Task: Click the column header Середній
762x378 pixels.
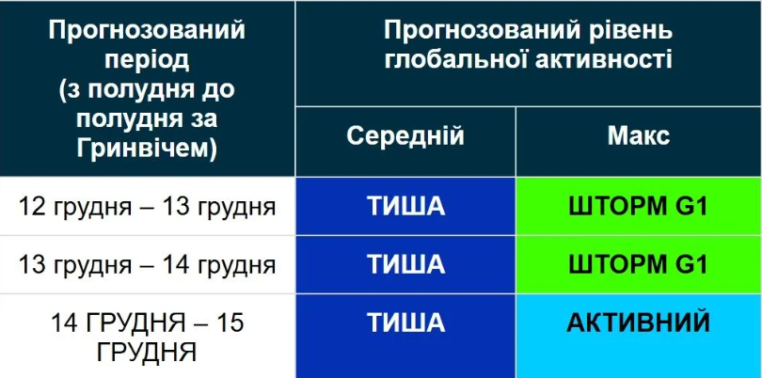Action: coord(405,136)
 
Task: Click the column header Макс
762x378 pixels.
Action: coord(638,136)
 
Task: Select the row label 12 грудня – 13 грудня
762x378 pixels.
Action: coord(147,207)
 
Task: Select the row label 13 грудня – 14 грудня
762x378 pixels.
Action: coord(147,265)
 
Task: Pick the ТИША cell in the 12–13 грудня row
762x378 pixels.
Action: coord(405,207)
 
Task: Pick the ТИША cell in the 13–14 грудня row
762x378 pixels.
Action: coord(405,265)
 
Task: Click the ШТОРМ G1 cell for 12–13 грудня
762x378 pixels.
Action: coord(638,207)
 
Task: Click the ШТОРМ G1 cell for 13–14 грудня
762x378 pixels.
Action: coord(638,265)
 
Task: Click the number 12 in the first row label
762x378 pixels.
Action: coord(32,207)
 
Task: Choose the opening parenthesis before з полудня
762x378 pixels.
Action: coord(62,91)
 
